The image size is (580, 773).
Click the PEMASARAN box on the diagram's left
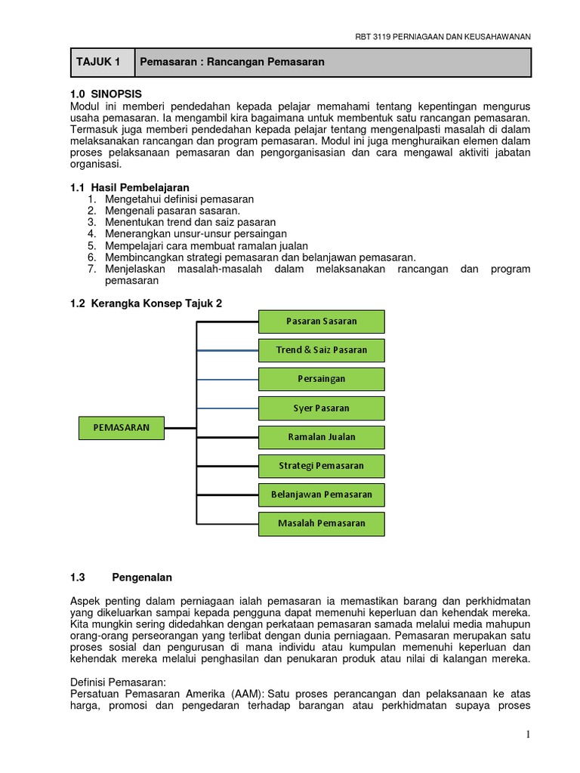(x=122, y=428)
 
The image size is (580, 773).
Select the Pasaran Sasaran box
(x=321, y=322)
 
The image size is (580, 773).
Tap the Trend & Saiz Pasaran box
(x=321, y=350)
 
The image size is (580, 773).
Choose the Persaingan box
(x=321, y=379)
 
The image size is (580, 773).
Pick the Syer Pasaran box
(x=321, y=408)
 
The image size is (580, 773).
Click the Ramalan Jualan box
(x=321, y=437)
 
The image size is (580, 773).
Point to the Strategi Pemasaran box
(x=321, y=466)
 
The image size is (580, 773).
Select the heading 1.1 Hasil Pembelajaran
(x=129, y=187)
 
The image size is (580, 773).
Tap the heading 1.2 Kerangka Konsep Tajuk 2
(x=146, y=303)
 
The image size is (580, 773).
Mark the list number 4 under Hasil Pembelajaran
(x=91, y=234)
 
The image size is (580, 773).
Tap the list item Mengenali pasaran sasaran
(x=172, y=211)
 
